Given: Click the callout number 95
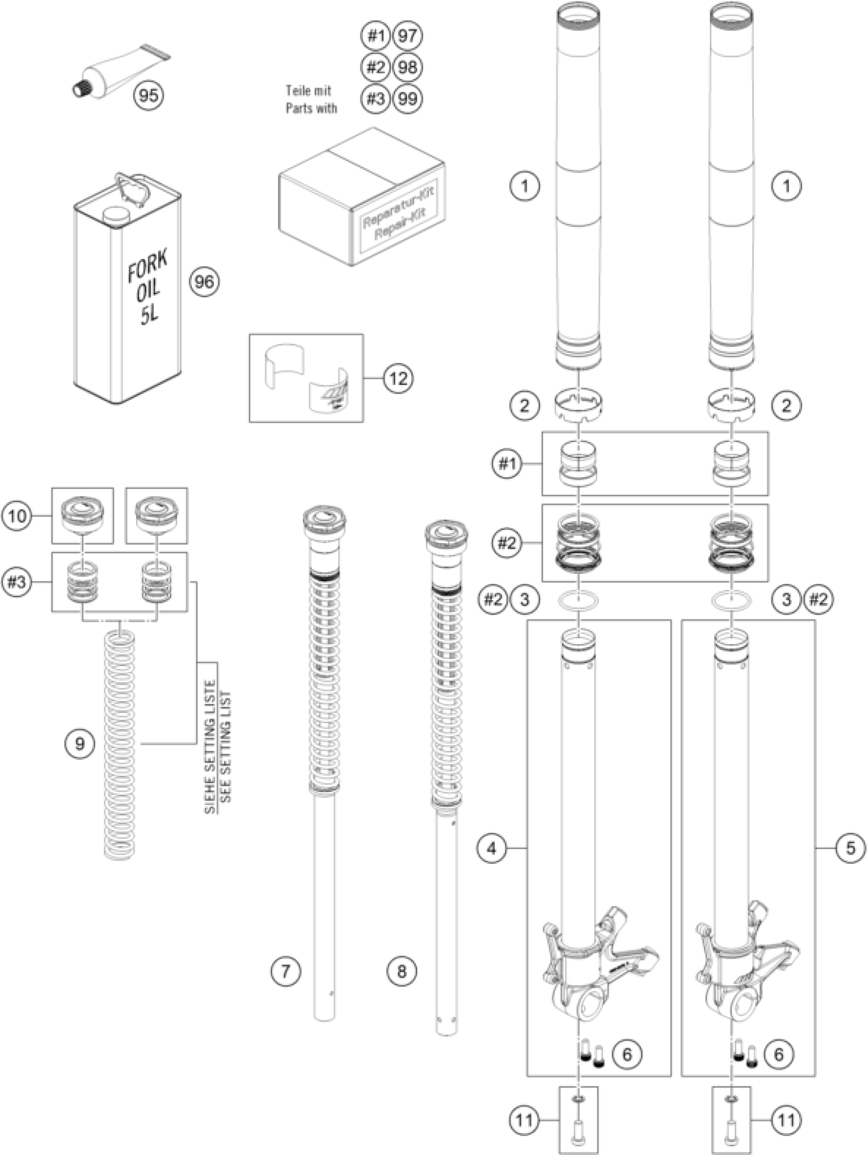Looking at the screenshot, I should tap(149, 95).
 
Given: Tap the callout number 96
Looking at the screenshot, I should tap(203, 281).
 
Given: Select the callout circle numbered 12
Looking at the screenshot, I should tap(398, 378).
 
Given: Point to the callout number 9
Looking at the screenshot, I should tap(80, 743).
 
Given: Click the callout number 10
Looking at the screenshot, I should tap(17, 517).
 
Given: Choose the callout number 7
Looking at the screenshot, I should tap(286, 971).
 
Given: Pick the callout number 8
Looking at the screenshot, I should tap(402, 971).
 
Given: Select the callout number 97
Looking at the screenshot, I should tap(407, 36).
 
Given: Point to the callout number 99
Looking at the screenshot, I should tap(407, 98).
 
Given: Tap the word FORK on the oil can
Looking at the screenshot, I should tap(148, 266).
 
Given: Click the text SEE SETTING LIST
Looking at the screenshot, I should tap(225, 747).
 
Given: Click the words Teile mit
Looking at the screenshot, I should tap(308, 90).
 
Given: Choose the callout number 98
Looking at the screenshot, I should tap(407, 67).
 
